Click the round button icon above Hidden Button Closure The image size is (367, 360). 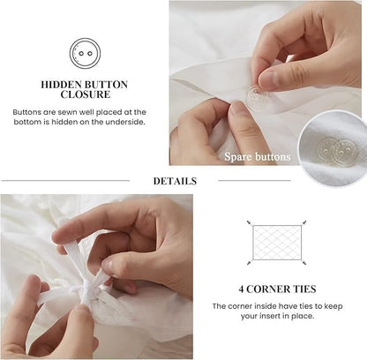click(x=85, y=53)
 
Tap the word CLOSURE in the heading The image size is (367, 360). click(x=85, y=94)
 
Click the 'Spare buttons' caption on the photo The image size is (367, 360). click(x=257, y=157)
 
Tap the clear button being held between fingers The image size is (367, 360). click(x=258, y=97)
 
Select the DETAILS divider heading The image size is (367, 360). click(x=174, y=181)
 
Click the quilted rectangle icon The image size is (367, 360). click(x=277, y=243)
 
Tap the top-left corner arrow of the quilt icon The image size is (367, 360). click(x=250, y=222)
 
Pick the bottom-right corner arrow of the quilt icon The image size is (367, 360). click(x=304, y=263)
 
